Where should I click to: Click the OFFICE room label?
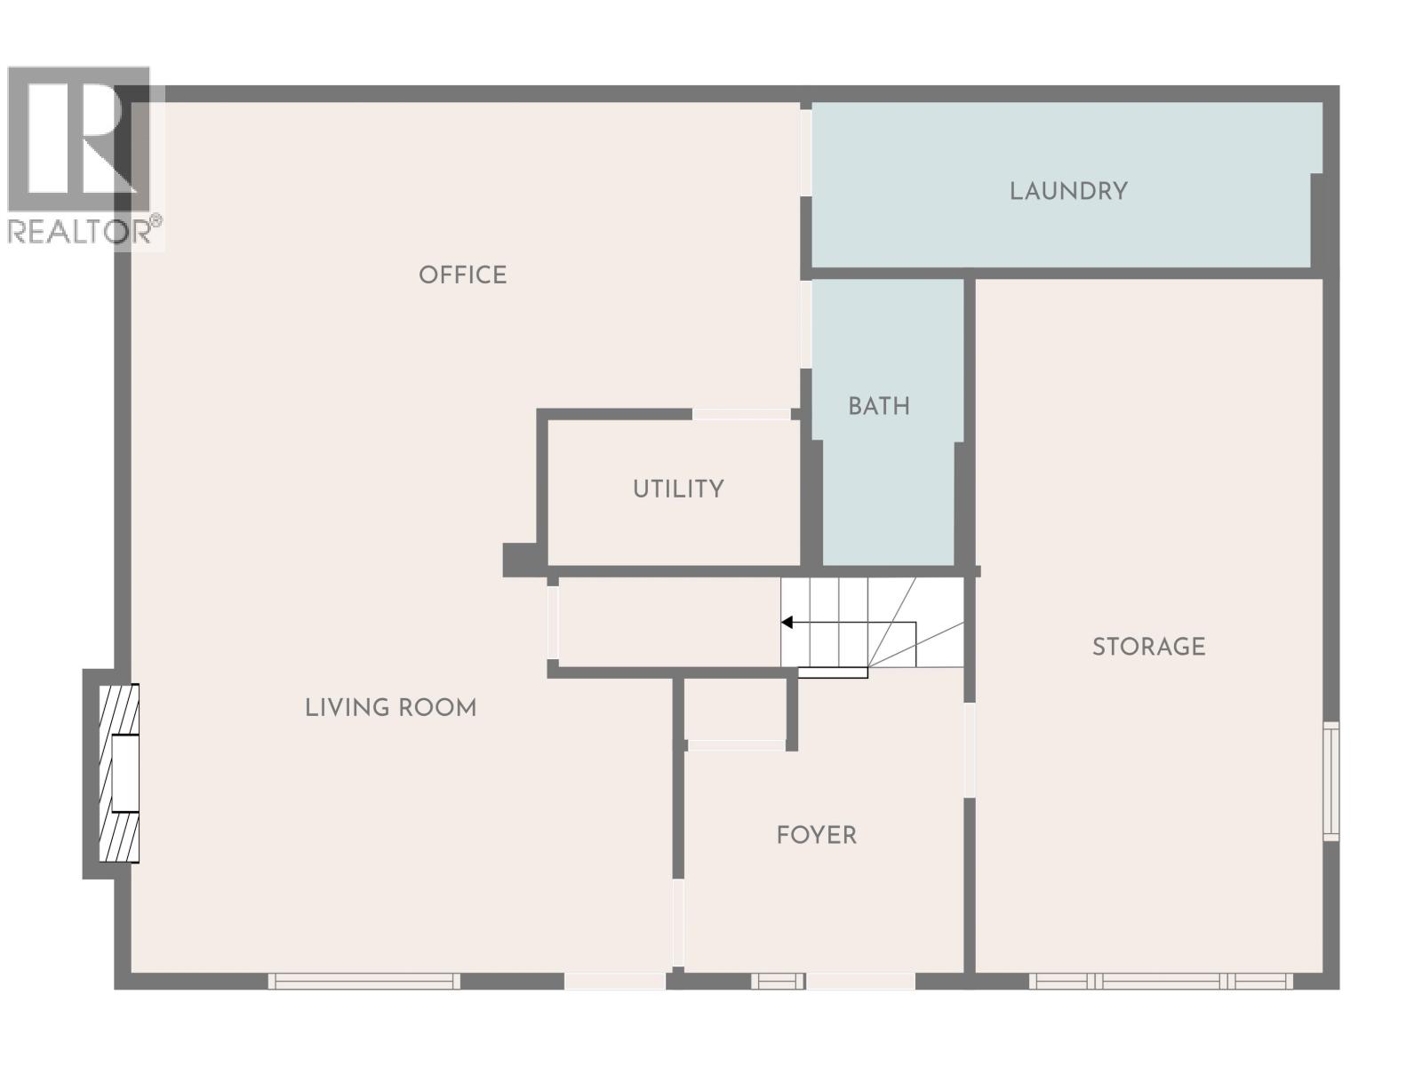(462, 274)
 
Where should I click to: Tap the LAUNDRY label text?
(1068, 191)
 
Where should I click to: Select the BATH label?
(878, 406)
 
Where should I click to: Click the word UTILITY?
(678, 489)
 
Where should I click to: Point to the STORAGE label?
(1148, 647)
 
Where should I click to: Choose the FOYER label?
(816, 835)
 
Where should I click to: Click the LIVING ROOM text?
(390, 707)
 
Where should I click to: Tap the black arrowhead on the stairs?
(787, 622)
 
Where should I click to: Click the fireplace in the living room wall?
(119, 773)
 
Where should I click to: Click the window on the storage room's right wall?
(1330, 781)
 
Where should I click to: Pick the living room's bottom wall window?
(363, 981)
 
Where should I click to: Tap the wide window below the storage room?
(1161, 981)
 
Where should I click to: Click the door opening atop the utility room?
(741, 414)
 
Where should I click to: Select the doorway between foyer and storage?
(970, 750)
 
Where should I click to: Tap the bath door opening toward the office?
(805, 323)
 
